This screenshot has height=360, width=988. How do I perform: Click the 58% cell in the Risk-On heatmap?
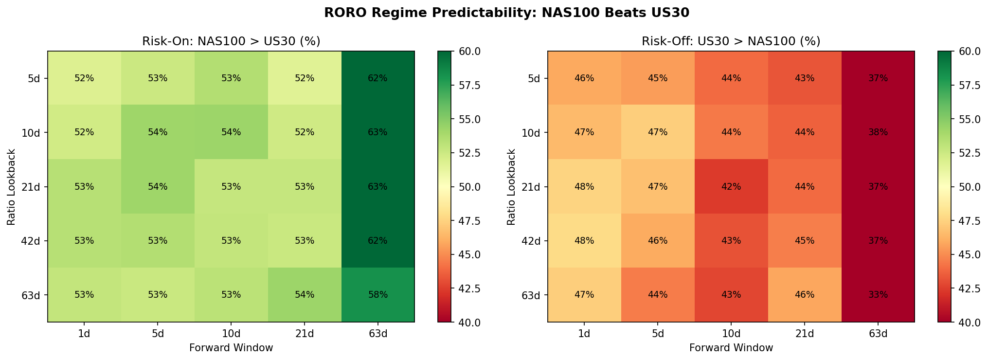tap(378, 295)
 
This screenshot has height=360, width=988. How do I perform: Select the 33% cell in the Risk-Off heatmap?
tap(878, 295)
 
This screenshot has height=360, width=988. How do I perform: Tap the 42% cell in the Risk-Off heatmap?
tap(731, 186)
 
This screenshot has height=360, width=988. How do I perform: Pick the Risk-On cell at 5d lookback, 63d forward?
tap(378, 78)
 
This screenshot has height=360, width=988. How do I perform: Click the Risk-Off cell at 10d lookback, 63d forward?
tap(878, 132)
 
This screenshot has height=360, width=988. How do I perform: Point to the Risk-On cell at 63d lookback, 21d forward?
tap(305, 295)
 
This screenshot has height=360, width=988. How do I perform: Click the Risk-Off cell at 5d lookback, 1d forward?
tap(584, 78)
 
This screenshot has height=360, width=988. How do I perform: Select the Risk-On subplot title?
tap(231, 41)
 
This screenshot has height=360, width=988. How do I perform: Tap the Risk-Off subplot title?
tap(731, 41)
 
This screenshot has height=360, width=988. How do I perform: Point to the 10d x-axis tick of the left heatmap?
tap(231, 333)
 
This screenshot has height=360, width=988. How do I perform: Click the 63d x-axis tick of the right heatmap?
tap(878, 333)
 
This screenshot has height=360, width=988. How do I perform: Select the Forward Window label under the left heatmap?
tap(231, 348)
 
